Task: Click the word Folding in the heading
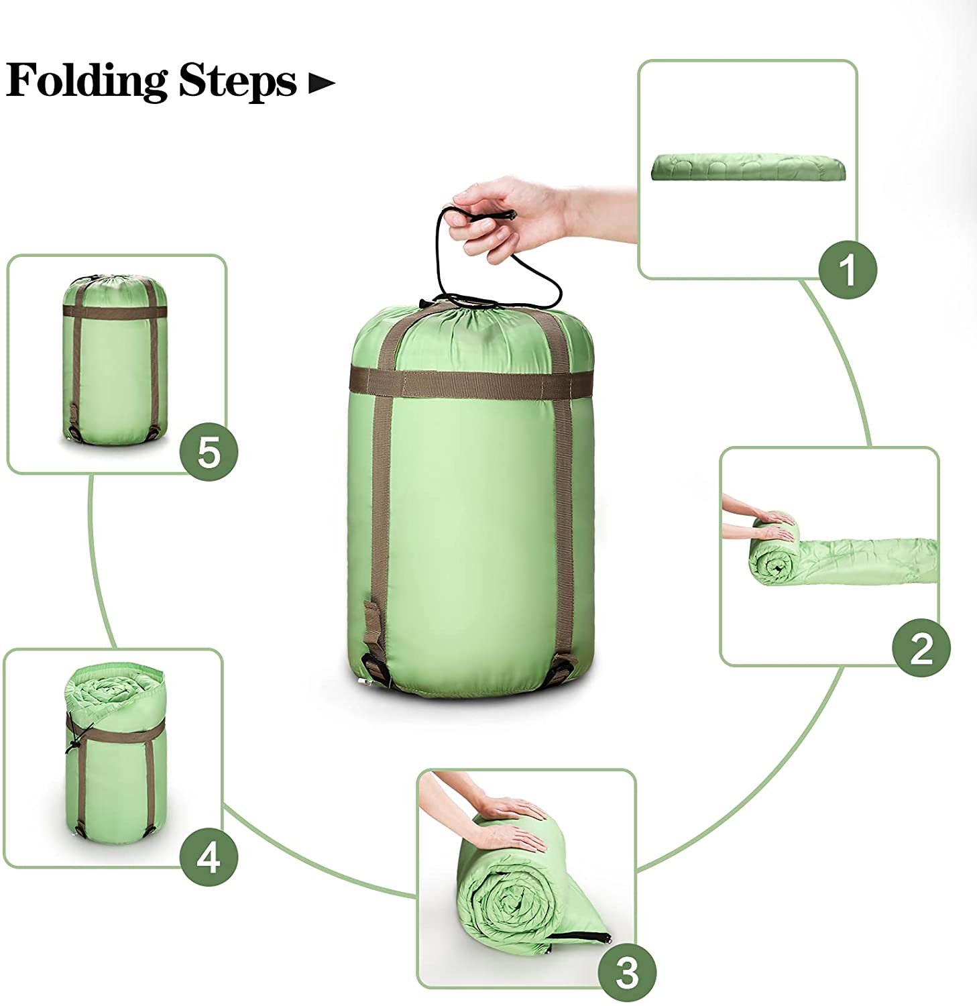pyautogui.click(x=87, y=81)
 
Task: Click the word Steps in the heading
pyautogui.click(x=237, y=81)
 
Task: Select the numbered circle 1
pyautogui.click(x=848, y=270)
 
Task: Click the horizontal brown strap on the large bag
pyautogui.click(x=463, y=381)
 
